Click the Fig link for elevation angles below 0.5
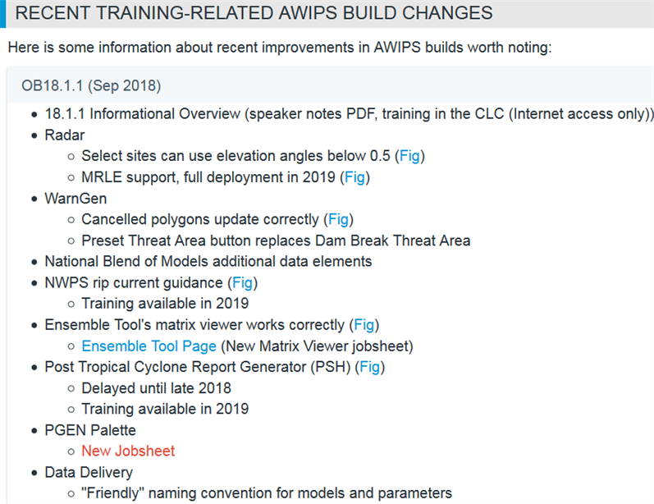pyautogui.click(x=409, y=156)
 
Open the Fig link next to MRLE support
pyautogui.click(x=355, y=177)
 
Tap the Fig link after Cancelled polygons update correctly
pyautogui.click(x=338, y=219)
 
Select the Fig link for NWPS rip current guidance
pyautogui.click(x=242, y=282)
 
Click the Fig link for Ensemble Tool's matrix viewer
pyautogui.click(x=364, y=324)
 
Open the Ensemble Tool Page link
pyautogui.click(x=149, y=346)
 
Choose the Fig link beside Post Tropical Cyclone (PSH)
pyautogui.click(x=370, y=367)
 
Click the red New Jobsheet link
pyautogui.click(x=128, y=451)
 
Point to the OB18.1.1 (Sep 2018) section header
pyautogui.click(x=91, y=85)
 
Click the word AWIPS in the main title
pyautogui.click(x=309, y=13)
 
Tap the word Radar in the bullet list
pyautogui.click(x=65, y=135)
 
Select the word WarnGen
pyautogui.click(x=76, y=198)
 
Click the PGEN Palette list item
pyautogui.click(x=90, y=430)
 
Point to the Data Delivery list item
pyautogui.click(x=89, y=472)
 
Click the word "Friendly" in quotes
pyautogui.click(x=112, y=493)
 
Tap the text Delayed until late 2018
pyautogui.click(x=157, y=388)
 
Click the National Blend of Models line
pyautogui.click(x=208, y=261)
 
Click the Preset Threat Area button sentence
pyautogui.click(x=276, y=241)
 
